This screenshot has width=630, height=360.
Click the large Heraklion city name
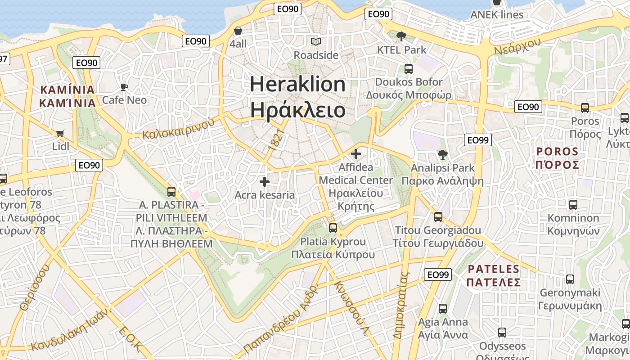pos(297,84)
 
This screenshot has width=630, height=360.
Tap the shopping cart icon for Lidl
pos(60,133)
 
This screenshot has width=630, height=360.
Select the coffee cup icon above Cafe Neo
pos(124,87)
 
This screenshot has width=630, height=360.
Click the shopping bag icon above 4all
pos(238,31)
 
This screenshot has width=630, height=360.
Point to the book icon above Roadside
pos(316,42)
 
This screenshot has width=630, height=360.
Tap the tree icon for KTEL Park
pos(401,36)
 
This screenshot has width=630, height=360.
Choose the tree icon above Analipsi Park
pos(442,155)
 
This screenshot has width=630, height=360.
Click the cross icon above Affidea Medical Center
pos(356,154)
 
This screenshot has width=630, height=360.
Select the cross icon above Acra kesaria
pos(265,182)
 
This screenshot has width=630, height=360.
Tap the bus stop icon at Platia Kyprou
pos(333,228)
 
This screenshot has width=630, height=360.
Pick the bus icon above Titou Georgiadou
pos(438,217)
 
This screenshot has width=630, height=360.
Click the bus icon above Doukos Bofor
pos(408,69)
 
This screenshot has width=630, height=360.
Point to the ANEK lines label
pos(497,14)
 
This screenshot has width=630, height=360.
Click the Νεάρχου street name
pos(517,46)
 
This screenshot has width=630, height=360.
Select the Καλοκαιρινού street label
pos(178,128)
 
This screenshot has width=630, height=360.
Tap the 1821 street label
pos(276,139)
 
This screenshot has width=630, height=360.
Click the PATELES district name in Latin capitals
pos(494,269)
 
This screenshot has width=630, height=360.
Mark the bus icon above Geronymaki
pos(570,279)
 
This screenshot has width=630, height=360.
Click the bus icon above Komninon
pos(573,205)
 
